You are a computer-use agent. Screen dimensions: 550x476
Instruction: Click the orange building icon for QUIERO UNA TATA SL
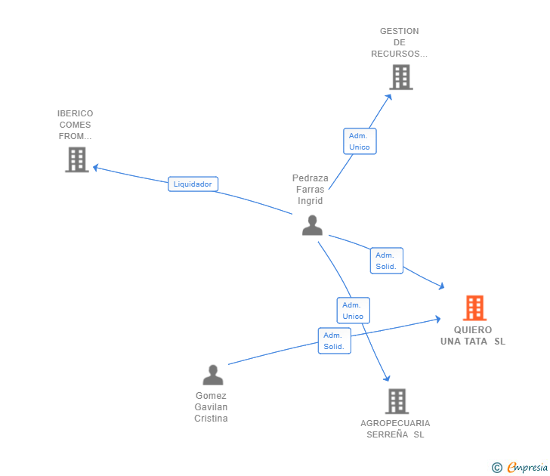click(x=474, y=308)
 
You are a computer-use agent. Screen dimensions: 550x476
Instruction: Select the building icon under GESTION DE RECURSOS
click(x=401, y=77)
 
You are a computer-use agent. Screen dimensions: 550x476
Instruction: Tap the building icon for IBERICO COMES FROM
click(x=77, y=159)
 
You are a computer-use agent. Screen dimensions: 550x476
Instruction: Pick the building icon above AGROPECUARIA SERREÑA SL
click(x=397, y=401)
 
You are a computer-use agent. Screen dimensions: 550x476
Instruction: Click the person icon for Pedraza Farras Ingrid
click(x=312, y=225)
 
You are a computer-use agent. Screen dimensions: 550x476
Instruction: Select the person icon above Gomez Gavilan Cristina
click(x=213, y=375)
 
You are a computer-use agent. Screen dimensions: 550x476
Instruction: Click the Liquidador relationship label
click(x=193, y=184)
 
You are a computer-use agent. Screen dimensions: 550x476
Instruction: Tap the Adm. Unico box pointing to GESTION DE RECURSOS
click(x=360, y=141)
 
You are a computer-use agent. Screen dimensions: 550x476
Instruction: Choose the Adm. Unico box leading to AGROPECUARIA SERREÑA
click(x=354, y=311)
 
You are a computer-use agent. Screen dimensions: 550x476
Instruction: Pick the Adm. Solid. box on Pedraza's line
click(x=387, y=261)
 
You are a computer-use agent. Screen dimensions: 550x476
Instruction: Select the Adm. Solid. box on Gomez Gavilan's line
click(x=335, y=341)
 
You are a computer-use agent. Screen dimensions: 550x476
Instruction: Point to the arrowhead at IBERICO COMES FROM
click(x=96, y=168)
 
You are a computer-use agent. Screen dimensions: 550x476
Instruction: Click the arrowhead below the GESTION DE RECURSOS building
click(x=388, y=97)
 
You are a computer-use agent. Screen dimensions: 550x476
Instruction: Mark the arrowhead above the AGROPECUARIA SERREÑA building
click(x=387, y=378)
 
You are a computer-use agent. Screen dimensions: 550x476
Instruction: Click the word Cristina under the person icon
click(x=211, y=419)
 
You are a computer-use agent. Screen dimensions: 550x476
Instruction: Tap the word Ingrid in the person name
click(x=310, y=201)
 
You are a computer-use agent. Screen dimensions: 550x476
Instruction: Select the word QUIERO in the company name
click(x=473, y=330)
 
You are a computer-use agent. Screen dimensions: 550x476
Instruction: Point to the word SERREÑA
click(x=388, y=434)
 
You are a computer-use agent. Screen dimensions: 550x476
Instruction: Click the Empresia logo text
click(x=527, y=467)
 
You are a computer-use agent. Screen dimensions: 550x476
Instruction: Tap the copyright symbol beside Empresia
click(x=497, y=468)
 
